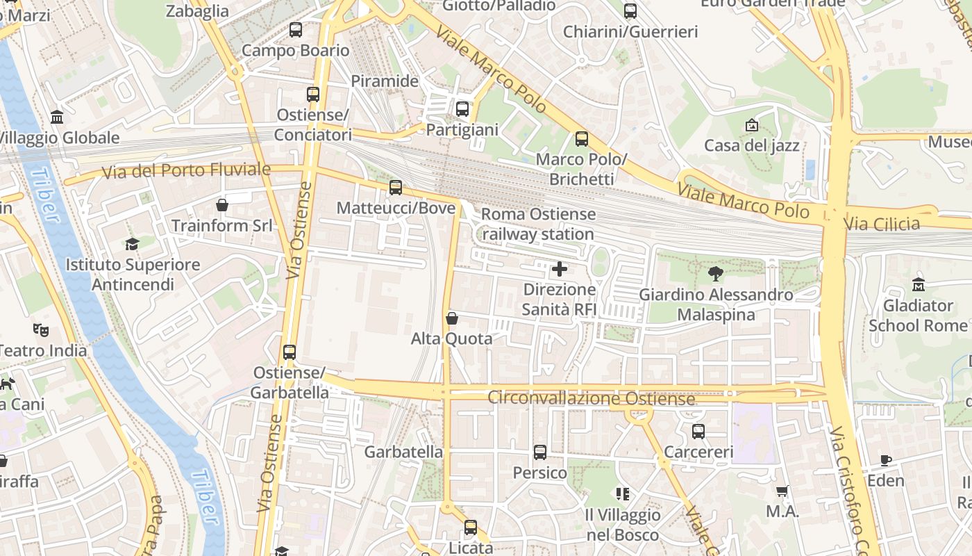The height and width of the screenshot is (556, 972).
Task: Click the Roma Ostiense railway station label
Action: point(538,224)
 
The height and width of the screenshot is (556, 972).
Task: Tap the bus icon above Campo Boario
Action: point(296,30)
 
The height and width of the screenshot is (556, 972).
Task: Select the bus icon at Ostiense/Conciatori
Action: point(313,95)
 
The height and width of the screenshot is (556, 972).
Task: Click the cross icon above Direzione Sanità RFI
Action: point(559,269)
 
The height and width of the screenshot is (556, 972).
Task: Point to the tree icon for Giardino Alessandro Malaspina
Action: point(715,275)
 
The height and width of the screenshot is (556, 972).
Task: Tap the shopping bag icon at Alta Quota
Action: point(452,318)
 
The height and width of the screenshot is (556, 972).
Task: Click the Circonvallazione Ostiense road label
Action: point(591,398)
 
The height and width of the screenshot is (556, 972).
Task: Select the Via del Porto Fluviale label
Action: point(186,170)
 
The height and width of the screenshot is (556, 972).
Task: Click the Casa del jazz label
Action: point(752,145)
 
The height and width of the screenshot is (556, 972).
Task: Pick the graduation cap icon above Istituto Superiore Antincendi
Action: point(132,244)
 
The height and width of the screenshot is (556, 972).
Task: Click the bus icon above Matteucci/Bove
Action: point(396,187)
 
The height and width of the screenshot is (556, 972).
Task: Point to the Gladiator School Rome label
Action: point(918,316)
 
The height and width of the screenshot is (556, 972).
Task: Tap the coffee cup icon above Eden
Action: point(886,460)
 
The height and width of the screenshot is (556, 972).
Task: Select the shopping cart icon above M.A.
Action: point(782,491)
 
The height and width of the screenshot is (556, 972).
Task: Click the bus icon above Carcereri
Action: point(698,432)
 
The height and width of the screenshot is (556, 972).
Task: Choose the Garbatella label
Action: point(403,452)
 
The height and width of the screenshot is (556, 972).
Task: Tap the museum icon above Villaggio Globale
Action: point(57,117)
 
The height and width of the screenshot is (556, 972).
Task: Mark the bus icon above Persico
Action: point(540,452)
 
